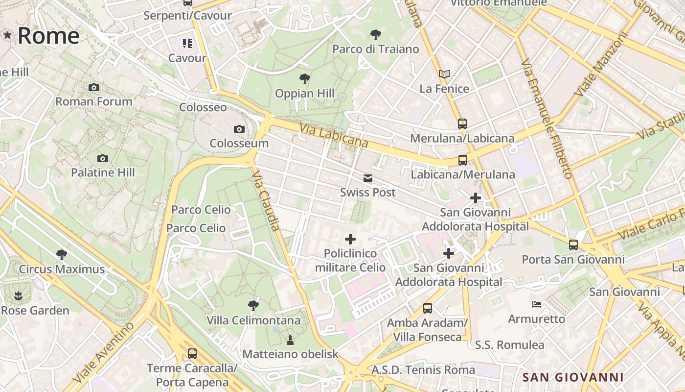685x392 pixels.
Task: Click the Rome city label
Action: click(48, 36)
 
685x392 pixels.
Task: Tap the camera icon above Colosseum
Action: click(239, 129)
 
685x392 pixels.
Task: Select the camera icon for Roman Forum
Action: click(94, 87)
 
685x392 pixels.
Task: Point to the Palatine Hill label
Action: click(103, 172)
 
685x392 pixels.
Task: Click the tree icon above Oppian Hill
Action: click(304, 78)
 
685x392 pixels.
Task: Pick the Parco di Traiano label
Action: click(376, 49)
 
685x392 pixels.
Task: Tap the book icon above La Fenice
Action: click(444, 74)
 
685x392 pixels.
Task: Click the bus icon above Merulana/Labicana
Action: click(462, 123)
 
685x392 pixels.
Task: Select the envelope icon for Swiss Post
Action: click(368, 178)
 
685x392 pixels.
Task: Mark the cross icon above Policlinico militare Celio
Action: click(350, 239)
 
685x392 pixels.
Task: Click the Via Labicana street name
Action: click(334, 135)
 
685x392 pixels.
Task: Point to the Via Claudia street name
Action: click(267, 200)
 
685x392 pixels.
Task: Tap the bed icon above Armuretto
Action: click(537, 304)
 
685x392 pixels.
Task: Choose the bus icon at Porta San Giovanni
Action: click(573, 245)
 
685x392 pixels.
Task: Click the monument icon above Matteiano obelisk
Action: click(290, 340)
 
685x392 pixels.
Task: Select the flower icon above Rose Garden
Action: click(18, 296)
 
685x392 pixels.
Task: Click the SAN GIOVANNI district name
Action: click(573, 377)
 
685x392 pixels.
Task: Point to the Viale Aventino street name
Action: click(103, 353)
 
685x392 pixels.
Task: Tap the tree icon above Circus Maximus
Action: click(62, 254)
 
